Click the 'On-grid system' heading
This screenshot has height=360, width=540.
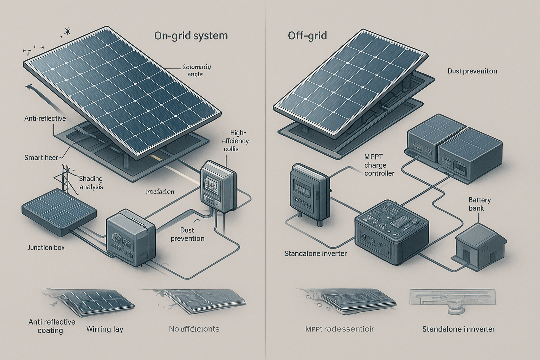191,36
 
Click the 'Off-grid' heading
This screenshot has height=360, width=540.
307,36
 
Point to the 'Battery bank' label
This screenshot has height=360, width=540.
480,204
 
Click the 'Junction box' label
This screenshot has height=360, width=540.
46,247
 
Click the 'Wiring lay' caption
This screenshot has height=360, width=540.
105,329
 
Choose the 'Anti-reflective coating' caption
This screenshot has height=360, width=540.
51,326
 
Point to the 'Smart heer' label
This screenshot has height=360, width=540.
41,157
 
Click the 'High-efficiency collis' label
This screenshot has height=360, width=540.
236,141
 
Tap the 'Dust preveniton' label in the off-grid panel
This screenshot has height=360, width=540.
472,71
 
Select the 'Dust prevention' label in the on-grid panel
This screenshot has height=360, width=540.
187,234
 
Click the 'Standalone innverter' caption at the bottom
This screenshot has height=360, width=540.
458,329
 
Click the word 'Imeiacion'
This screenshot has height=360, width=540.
160,192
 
